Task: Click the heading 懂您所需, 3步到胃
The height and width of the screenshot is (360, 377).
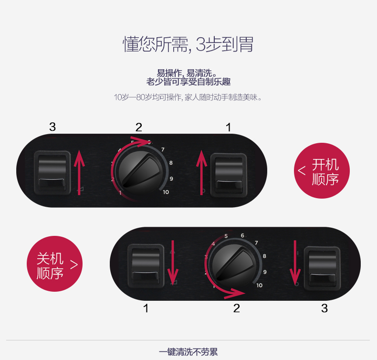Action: pyautogui.click(x=188, y=44)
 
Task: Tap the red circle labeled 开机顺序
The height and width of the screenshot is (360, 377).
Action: pyautogui.click(x=322, y=171)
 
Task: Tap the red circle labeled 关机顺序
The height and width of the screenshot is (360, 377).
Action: pyautogui.click(x=54, y=264)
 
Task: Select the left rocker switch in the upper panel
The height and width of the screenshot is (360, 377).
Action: pyautogui.click(x=52, y=172)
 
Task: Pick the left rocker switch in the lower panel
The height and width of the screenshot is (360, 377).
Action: pyautogui.click(x=146, y=266)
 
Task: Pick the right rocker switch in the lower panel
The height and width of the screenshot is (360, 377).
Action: pyautogui.click(x=322, y=268)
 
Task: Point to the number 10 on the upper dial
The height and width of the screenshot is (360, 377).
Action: pyautogui.click(x=166, y=192)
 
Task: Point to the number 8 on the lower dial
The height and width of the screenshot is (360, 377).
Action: pyautogui.click(x=264, y=256)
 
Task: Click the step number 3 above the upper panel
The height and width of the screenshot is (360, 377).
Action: pyautogui.click(x=52, y=127)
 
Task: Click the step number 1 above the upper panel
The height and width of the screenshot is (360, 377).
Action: pyautogui.click(x=229, y=127)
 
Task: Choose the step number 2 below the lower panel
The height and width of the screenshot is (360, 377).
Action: pyautogui.click(x=237, y=308)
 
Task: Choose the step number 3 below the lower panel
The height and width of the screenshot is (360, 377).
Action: pyautogui.click(x=325, y=308)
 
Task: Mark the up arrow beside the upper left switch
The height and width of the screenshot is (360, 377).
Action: pyautogui.click(x=79, y=172)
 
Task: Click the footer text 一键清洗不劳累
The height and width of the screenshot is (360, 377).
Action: pyautogui.click(x=188, y=352)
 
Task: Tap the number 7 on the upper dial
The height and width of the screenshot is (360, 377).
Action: pyautogui.click(x=163, y=149)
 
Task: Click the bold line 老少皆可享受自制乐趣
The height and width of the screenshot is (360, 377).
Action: pyautogui.click(x=188, y=82)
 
